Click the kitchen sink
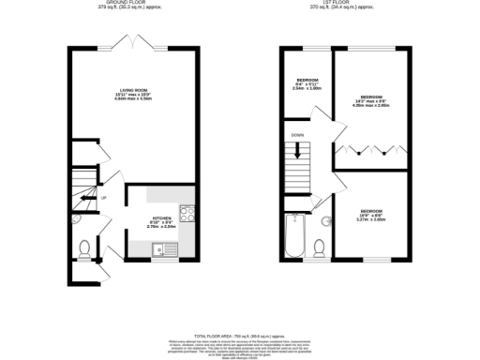pos(161,247)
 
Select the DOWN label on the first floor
pos(298,135)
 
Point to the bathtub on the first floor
pos(293,236)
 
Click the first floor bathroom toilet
pos(320,246)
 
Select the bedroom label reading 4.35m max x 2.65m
pos(370,100)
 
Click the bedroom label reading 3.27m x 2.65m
pos(372,215)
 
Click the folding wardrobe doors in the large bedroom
pos(372,150)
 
